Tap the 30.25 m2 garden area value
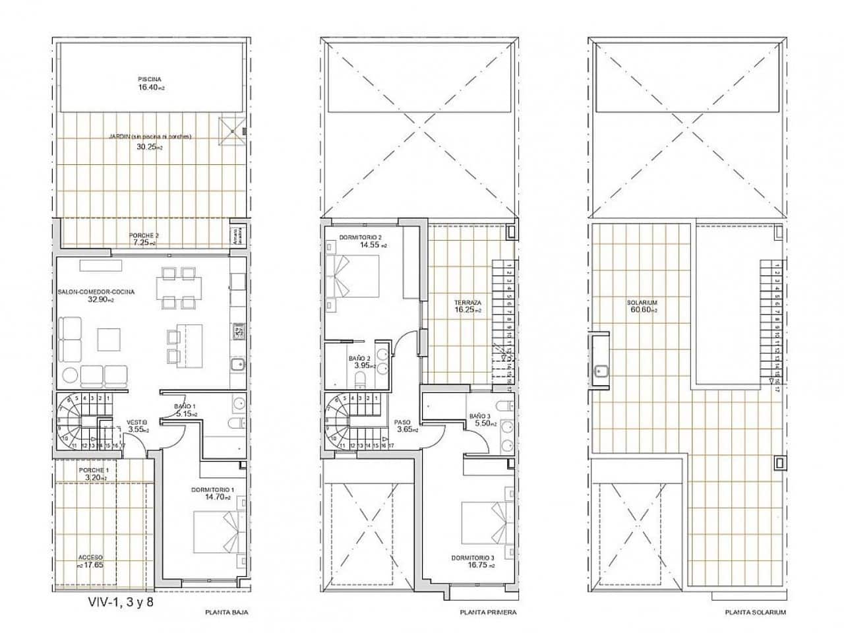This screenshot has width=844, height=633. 150,147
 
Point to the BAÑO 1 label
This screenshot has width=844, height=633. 185,406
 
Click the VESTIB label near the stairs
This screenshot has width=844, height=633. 137,422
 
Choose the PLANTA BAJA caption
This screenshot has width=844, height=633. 227,613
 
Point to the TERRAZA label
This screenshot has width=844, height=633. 467,303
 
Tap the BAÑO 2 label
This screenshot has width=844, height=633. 359,358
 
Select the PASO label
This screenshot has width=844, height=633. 403,422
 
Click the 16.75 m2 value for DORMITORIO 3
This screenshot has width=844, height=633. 482,565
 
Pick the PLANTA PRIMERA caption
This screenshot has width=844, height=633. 488,613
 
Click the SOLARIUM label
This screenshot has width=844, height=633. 642,303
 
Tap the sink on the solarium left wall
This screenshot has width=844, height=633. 600,371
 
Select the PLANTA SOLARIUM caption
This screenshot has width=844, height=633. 754,613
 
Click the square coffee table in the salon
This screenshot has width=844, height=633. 109,340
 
